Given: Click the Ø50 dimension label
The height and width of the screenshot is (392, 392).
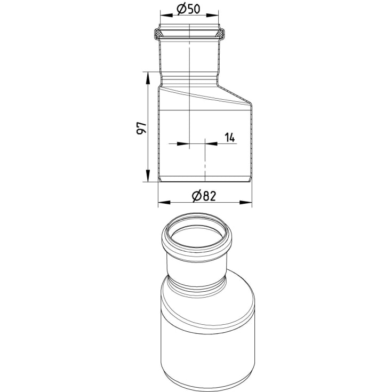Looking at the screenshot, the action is point(188,9).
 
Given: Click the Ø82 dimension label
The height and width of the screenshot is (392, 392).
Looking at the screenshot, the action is point(204,196).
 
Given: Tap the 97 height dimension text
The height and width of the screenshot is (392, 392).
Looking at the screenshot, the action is point(141,128).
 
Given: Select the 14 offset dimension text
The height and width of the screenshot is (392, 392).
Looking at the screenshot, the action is point(230,138).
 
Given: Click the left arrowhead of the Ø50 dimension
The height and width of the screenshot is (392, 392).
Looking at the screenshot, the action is point(166,15).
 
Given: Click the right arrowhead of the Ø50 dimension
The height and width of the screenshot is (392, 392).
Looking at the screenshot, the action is point(212,15).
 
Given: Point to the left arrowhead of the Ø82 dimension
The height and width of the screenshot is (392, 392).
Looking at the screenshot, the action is point(164,202).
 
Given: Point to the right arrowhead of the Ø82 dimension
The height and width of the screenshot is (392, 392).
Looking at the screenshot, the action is point(246,202).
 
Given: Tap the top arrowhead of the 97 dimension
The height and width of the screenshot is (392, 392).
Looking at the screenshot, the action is point(148,78).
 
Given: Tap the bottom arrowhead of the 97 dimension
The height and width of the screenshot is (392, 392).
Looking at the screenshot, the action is point(148,176).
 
